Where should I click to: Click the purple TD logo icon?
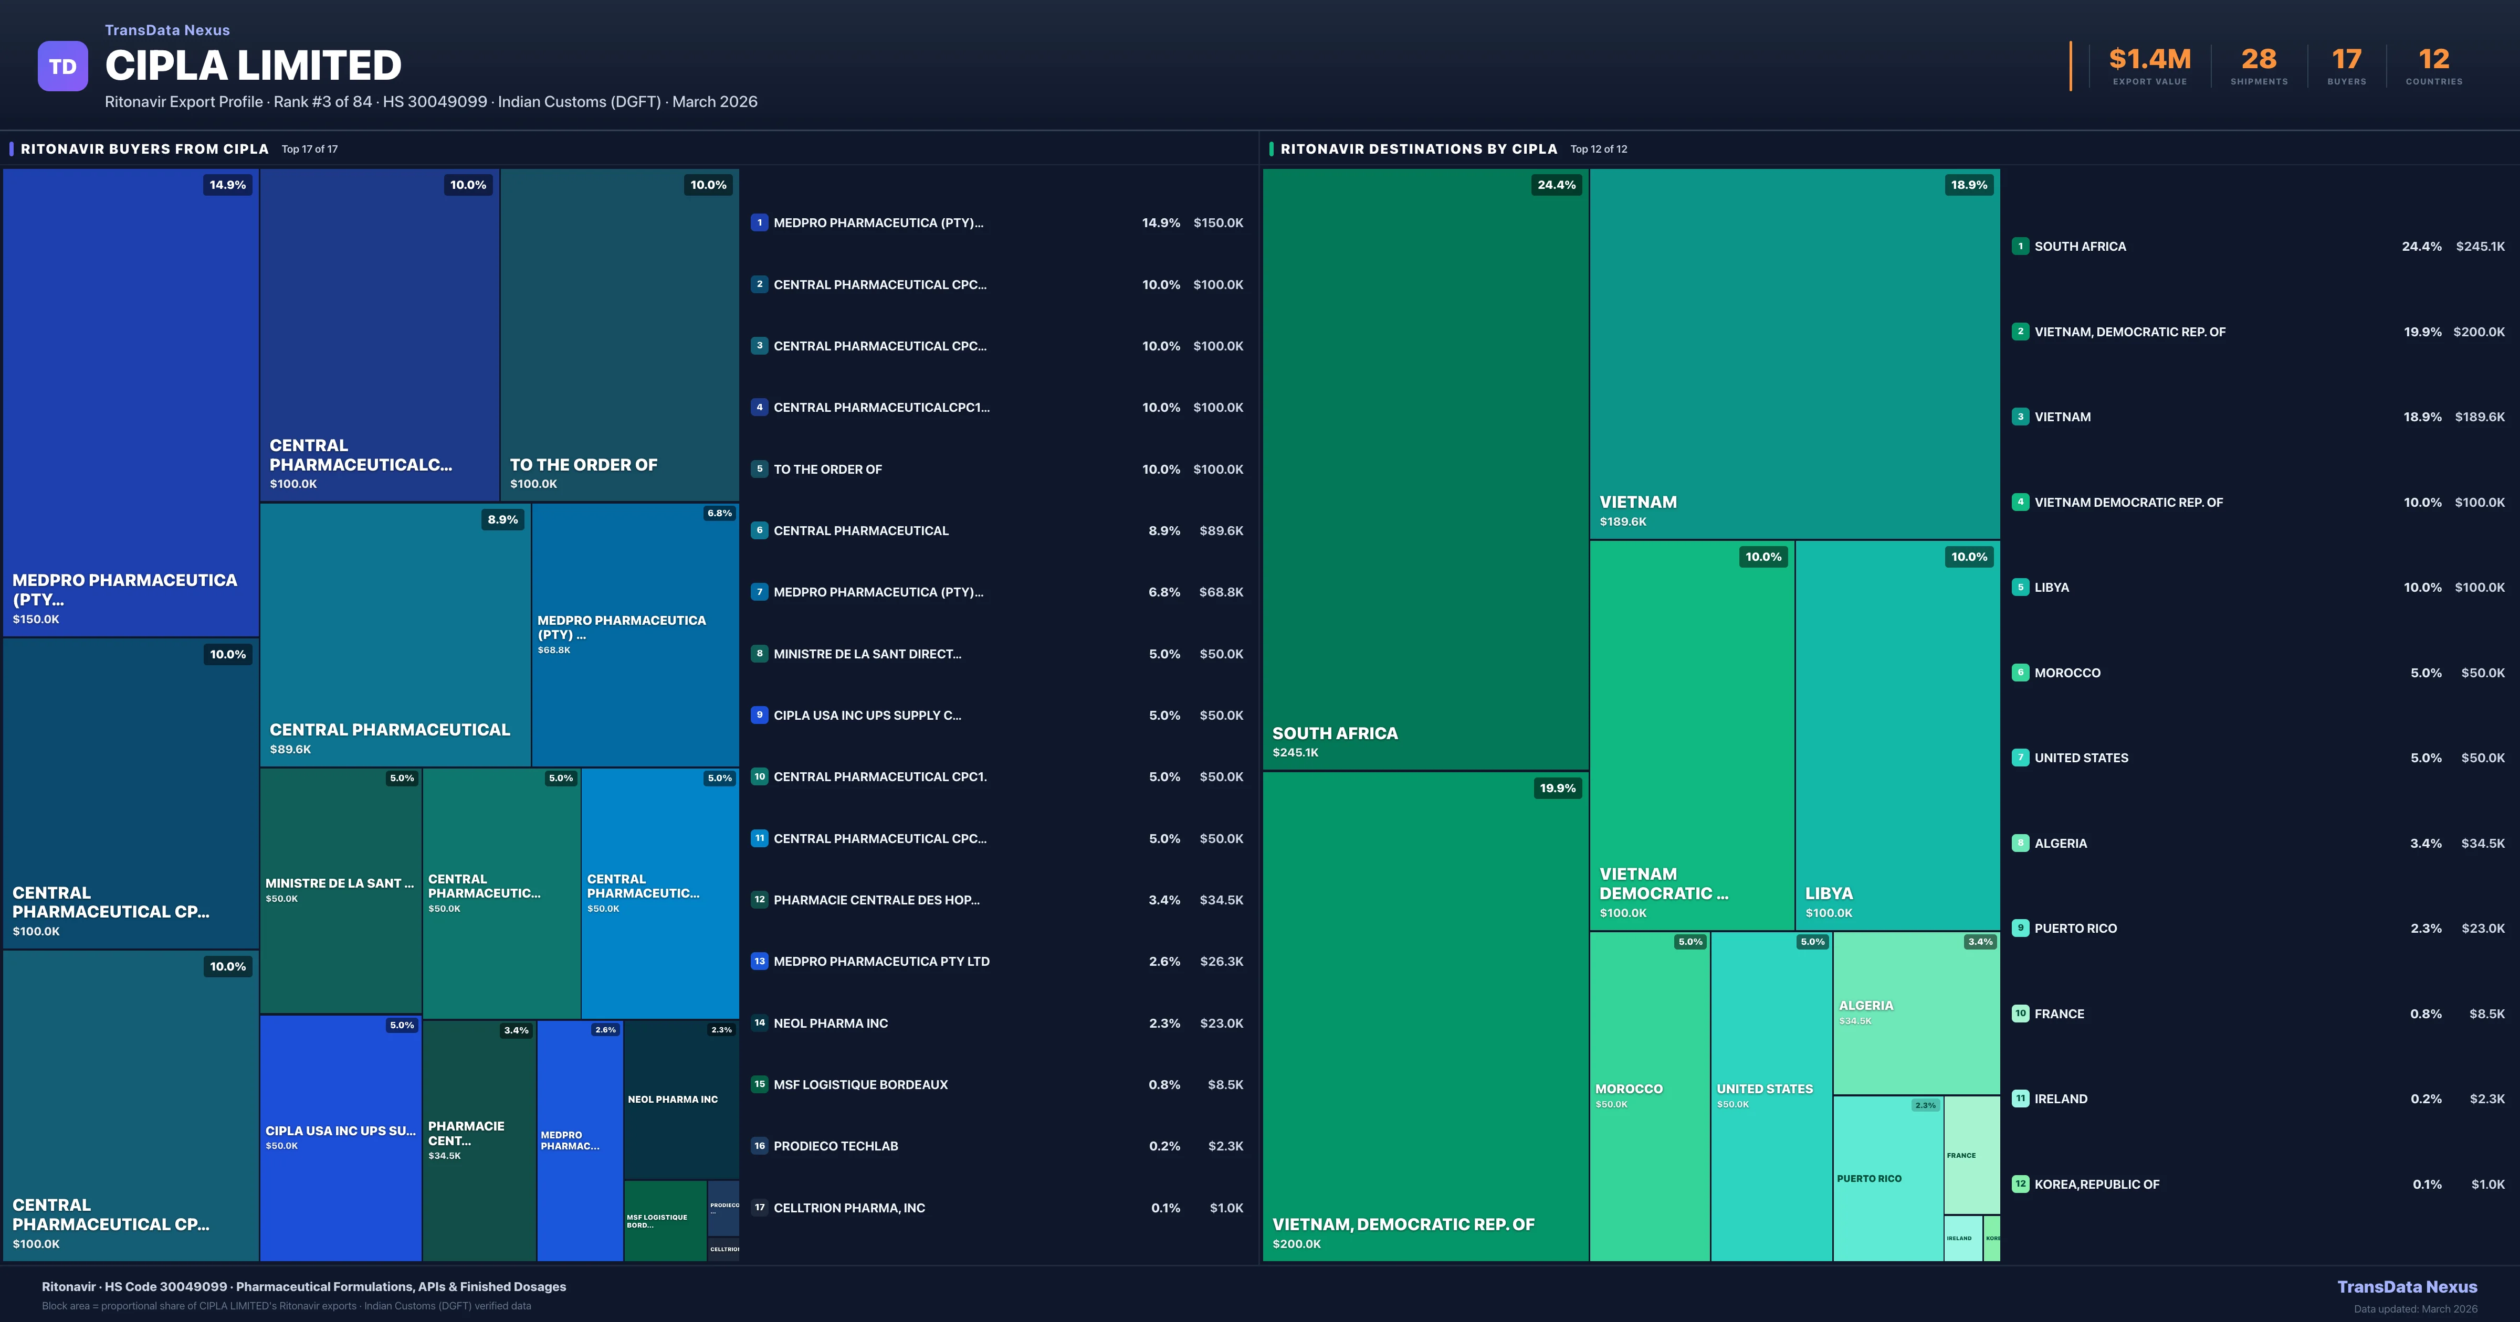tap(62, 67)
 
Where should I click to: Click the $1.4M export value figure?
tap(2149, 60)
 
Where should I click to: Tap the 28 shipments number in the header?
tap(2259, 60)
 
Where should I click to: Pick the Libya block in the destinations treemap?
tap(1897, 733)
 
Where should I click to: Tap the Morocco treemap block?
tap(1650, 1095)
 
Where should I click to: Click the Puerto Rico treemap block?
tap(1887, 1178)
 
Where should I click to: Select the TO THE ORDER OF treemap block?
tap(619, 334)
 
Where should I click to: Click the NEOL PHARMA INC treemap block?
tap(681, 1099)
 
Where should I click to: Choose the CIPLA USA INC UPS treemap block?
tap(340, 1137)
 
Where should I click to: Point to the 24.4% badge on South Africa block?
tap(1556, 185)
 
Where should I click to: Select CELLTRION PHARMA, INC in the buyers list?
tap(849, 1208)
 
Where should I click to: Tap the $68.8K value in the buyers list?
tap(1221, 592)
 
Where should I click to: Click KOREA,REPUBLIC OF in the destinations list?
tap(2096, 1184)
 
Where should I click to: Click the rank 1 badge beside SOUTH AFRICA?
tap(2020, 247)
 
